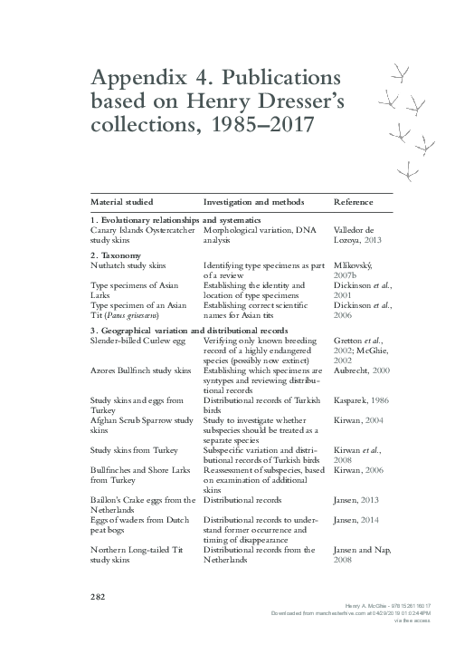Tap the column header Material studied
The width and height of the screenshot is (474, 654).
tap(121, 201)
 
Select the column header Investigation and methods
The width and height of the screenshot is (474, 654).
tap(253, 201)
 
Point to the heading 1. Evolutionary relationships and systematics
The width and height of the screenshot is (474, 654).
tap(175, 220)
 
